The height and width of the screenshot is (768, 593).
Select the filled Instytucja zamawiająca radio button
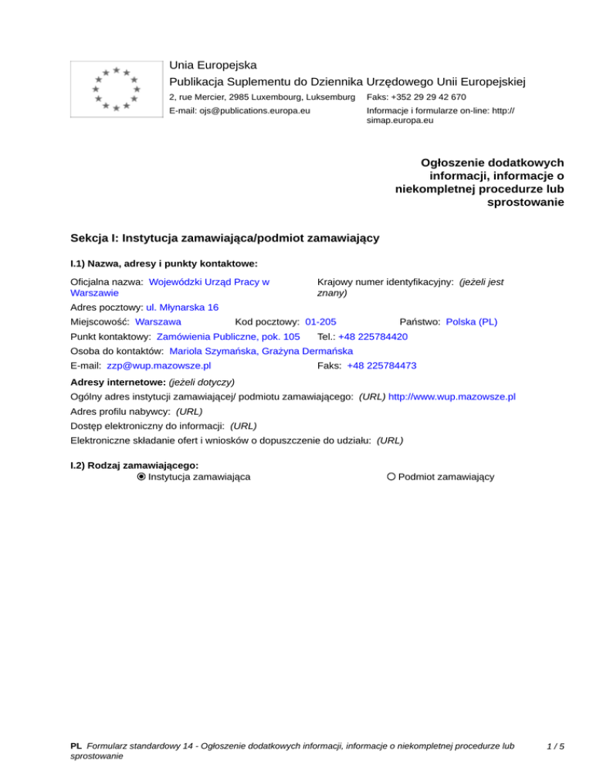[x=141, y=477]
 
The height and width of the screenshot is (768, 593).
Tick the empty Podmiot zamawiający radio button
[x=391, y=477]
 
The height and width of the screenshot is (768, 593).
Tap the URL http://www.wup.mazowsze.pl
[x=452, y=396]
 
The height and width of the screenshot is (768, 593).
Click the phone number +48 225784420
[x=373, y=337]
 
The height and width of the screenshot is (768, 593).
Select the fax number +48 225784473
[x=381, y=365]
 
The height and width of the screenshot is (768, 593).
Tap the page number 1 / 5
[x=553, y=746]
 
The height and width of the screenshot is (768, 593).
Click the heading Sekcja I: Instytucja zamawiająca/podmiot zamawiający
[x=224, y=239]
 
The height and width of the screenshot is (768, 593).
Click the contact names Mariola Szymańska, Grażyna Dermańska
[x=261, y=351]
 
